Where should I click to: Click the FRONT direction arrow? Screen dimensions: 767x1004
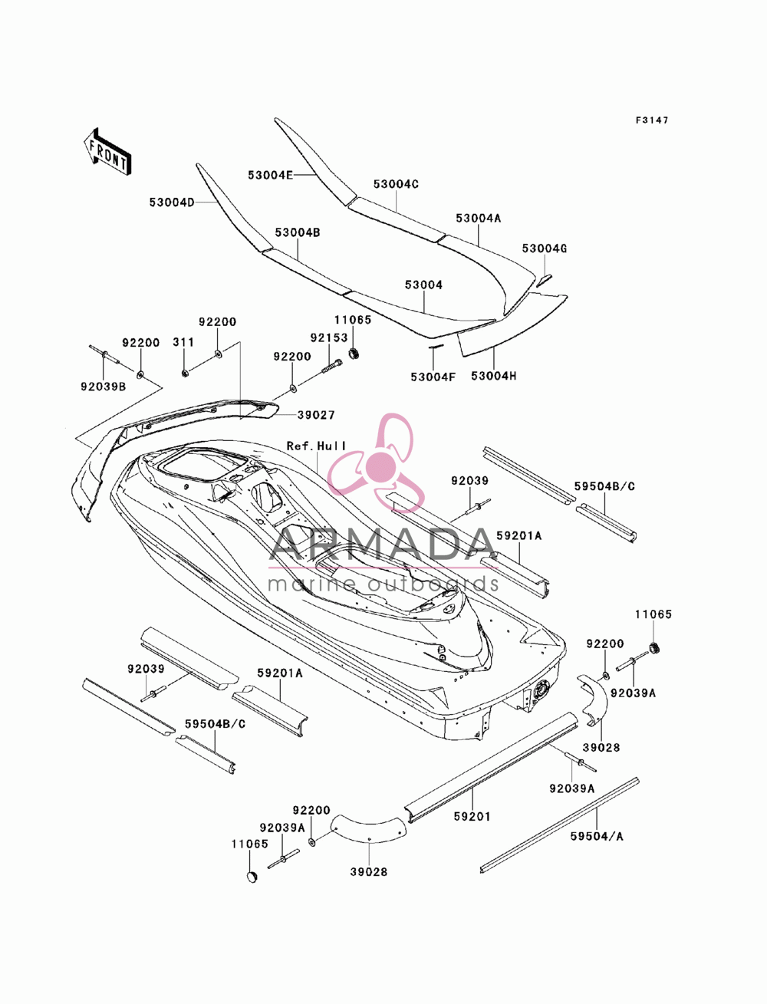[x=107, y=150]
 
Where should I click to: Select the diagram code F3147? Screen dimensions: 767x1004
[x=652, y=120]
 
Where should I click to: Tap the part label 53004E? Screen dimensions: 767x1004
[x=270, y=175]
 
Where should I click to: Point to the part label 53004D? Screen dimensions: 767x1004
[x=172, y=202]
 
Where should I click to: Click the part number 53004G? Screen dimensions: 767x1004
[x=545, y=249]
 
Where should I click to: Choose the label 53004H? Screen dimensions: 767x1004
[x=493, y=376]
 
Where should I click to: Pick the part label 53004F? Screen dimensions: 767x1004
[x=433, y=377]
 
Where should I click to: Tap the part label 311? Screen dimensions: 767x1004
[x=183, y=342]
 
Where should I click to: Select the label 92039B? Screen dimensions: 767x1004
[x=104, y=387]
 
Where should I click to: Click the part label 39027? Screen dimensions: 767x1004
[x=316, y=415]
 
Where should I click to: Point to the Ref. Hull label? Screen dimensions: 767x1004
[x=316, y=446]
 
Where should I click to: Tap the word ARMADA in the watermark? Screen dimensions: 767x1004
[x=383, y=545]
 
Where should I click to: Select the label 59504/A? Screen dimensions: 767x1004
[x=597, y=837]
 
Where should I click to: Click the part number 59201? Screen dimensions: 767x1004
[x=472, y=816]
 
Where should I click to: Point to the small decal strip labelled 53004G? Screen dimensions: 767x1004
[x=545, y=281]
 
